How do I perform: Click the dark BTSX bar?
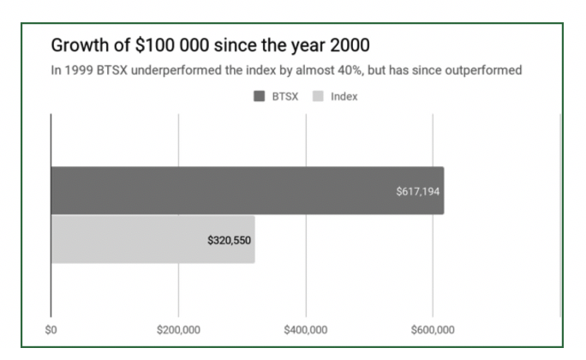pyautogui.click(x=248, y=190)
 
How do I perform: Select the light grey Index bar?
pyautogui.click(x=152, y=240)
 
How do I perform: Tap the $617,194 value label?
pyautogui.click(x=418, y=192)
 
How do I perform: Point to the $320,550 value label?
pyautogui.click(x=229, y=240)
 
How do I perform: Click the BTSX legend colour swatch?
pyautogui.click(x=259, y=97)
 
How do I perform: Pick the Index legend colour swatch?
pyautogui.click(x=318, y=97)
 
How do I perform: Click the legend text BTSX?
pyautogui.click(x=285, y=97)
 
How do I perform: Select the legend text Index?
pyautogui.click(x=344, y=97)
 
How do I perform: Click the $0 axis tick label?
pyautogui.click(x=51, y=330)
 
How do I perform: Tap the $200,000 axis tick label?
pyautogui.click(x=178, y=330)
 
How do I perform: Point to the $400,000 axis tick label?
pyautogui.click(x=306, y=330)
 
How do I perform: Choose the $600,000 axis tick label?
pyautogui.click(x=433, y=330)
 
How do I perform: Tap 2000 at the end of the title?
pyautogui.click(x=350, y=45)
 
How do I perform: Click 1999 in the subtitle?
pyautogui.click(x=79, y=70)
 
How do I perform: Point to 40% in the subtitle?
pyautogui.click(x=350, y=70)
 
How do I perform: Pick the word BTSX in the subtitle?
pyautogui.click(x=112, y=70)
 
